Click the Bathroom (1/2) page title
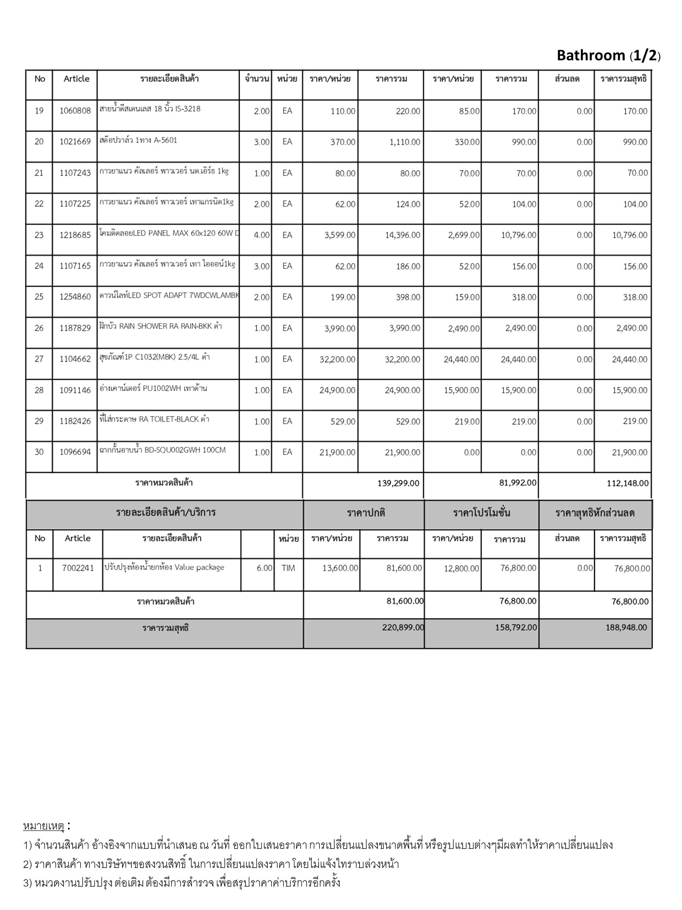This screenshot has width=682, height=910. pyautogui.click(x=608, y=56)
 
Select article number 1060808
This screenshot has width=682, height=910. pyautogui.click(x=75, y=111)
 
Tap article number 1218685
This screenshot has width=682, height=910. pyautogui.click(x=75, y=235)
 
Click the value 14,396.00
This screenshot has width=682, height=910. pyautogui.click(x=402, y=235)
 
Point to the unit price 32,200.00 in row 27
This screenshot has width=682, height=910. pyautogui.click(x=337, y=359)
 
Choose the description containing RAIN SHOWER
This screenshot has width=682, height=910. pyautogui.click(x=161, y=327)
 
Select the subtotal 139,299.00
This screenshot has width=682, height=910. pyautogui.click(x=398, y=483)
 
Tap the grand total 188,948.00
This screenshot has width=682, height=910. pyautogui.click(x=626, y=627)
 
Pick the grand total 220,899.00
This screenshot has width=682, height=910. pyautogui.click(x=403, y=627)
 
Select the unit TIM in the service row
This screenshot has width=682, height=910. pyautogui.click(x=288, y=568)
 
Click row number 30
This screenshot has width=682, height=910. pyautogui.click(x=39, y=452)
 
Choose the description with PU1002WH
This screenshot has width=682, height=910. pyautogui.click(x=154, y=389)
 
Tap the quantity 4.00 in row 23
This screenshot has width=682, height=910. pyautogui.click(x=262, y=235)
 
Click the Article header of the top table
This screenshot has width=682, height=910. pyautogui.click(x=76, y=79)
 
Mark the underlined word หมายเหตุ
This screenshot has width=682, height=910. pyautogui.click(x=44, y=826)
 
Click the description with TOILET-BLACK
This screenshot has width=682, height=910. pyautogui.click(x=155, y=419)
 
